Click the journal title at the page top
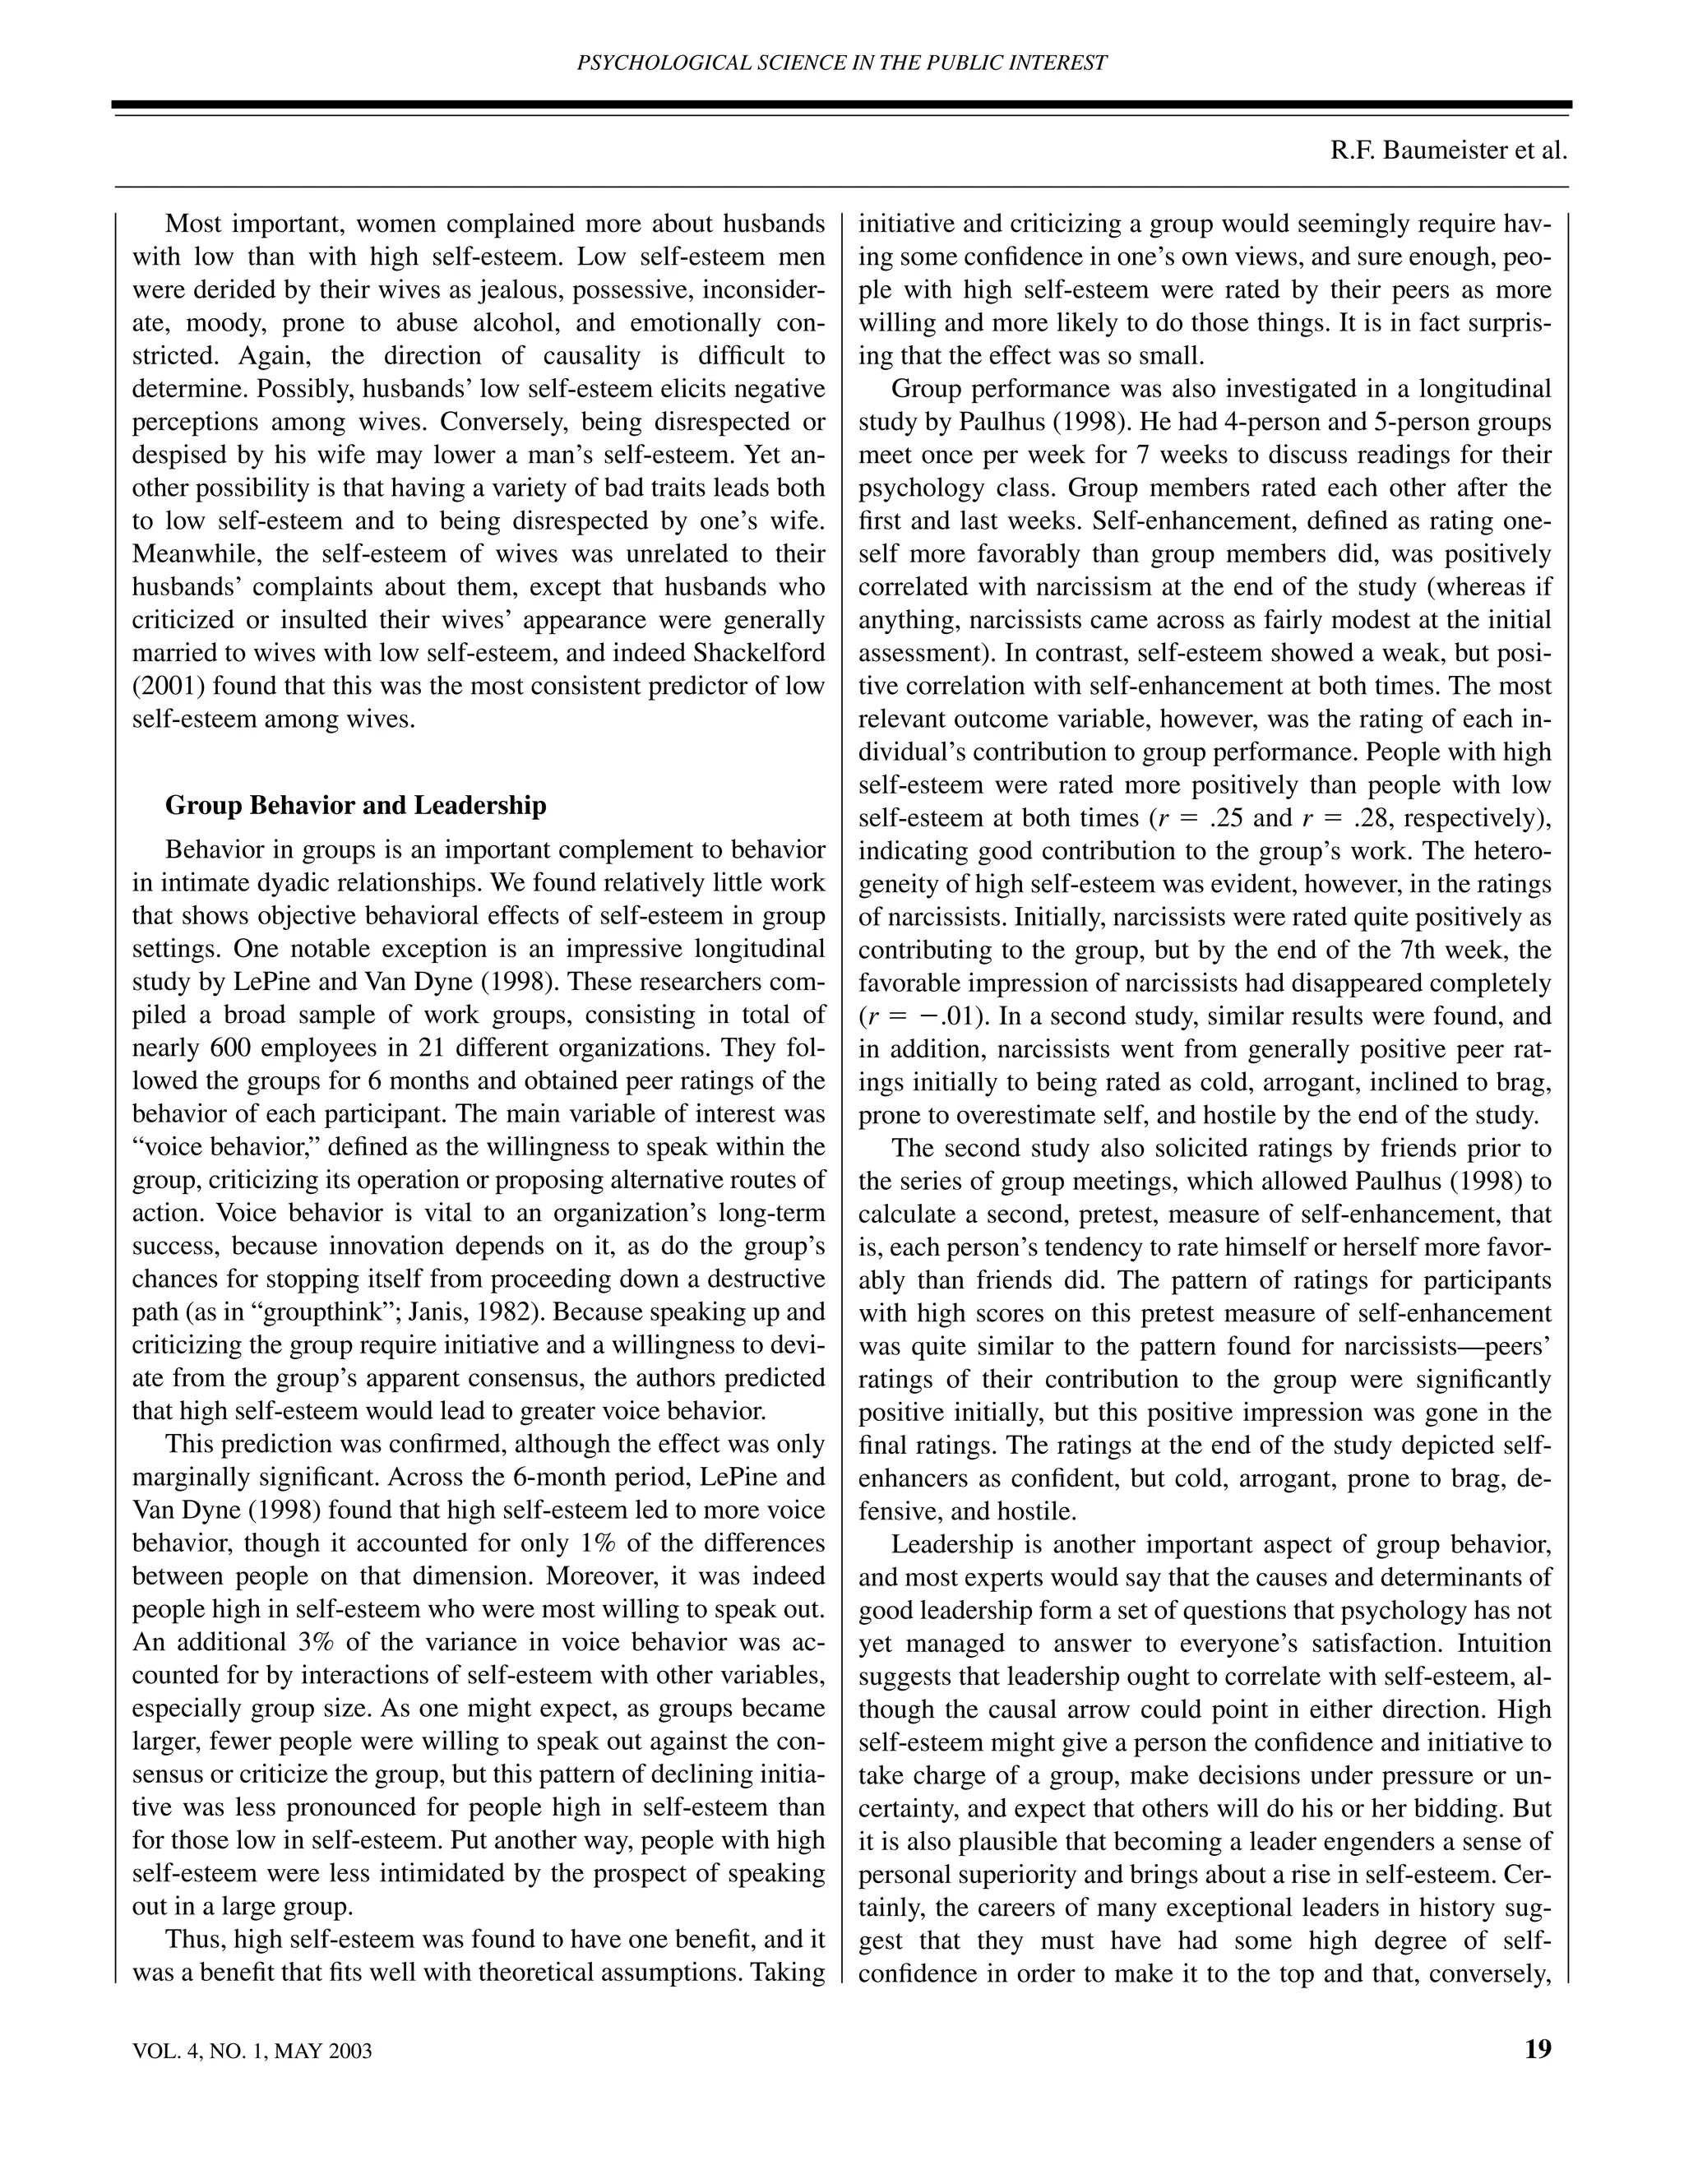(842, 62)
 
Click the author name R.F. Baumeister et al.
(1449, 150)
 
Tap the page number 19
(1538, 2049)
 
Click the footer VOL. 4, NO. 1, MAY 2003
(252, 2052)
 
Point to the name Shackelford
(750, 653)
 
